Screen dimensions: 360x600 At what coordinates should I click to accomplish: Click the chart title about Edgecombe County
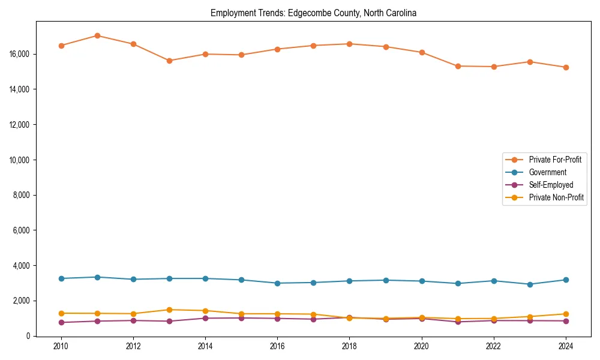point(313,13)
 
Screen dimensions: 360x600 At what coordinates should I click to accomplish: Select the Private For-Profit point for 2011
point(97,35)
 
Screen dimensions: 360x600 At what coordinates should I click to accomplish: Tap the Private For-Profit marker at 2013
point(169,61)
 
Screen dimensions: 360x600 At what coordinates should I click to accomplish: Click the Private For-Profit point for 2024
point(566,67)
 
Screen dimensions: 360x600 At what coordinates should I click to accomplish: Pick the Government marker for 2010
point(61,278)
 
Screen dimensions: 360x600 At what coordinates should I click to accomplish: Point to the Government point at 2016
point(277,283)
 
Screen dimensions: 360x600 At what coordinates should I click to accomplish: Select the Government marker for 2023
point(530,284)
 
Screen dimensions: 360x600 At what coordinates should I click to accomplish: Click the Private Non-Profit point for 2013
point(169,310)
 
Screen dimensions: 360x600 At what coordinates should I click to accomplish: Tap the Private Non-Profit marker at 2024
point(566,314)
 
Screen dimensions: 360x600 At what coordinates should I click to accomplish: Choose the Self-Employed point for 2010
point(61,322)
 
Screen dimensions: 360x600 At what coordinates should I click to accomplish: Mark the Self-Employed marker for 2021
point(458,322)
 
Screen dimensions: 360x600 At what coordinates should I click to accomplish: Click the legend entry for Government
point(547,172)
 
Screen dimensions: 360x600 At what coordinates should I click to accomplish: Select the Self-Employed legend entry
point(551,185)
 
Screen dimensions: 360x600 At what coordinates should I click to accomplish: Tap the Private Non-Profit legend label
point(556,197)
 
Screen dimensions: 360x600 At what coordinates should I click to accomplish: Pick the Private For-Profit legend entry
point(555,160)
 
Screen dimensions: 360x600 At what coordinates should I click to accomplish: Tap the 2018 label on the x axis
point(349,346)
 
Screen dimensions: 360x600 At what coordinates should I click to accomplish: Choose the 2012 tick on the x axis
point(133,346)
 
